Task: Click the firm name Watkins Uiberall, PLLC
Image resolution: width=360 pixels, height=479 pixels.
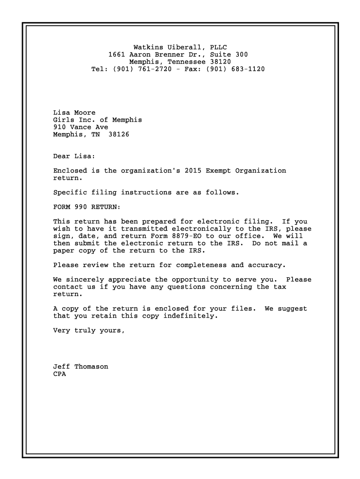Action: point(180,47)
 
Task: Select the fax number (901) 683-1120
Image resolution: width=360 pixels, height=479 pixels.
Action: point(235,69)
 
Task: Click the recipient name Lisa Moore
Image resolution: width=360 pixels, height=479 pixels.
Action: point(74,113)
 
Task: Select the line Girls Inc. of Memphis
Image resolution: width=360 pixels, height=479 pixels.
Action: point(97,120)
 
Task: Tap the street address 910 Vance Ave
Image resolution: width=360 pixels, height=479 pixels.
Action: point(80,127)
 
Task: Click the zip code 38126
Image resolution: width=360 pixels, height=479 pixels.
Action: point(119,135)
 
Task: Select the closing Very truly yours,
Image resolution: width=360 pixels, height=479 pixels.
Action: point(89,331)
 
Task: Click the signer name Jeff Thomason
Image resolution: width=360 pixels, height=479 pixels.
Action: point(80,367)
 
